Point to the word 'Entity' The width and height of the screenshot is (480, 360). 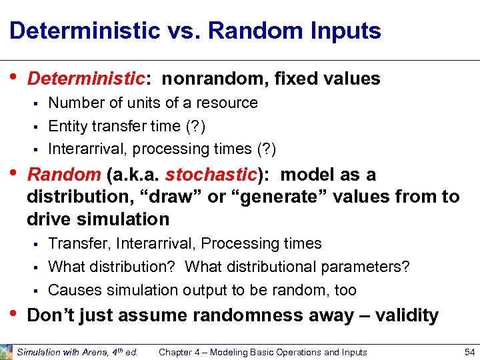(x=67, y=126)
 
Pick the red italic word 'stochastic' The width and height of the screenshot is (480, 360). (x=211, y=175)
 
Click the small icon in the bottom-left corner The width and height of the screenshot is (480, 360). (x=6, y=351)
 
